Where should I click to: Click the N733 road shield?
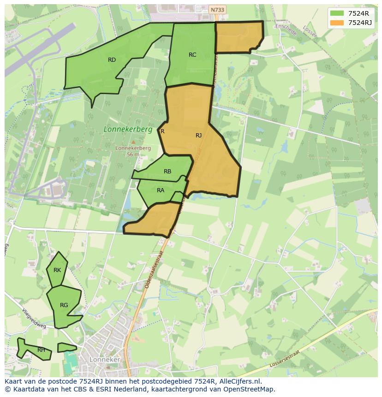tap(217, 10)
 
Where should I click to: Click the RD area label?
tap(112, 60)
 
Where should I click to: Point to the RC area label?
tap(192, 55)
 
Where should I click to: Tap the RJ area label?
tap(198, 136)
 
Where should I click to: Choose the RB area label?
tap(167, 172)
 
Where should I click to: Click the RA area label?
tap(161, 190)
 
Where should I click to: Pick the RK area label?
tap(57, 270)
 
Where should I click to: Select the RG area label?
tap(64, 305)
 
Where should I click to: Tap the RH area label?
tap(42, 350)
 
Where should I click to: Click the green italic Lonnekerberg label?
tap(128, 130)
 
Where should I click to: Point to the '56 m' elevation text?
tap(133, 154)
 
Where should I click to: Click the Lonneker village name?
tap(105, 360)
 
